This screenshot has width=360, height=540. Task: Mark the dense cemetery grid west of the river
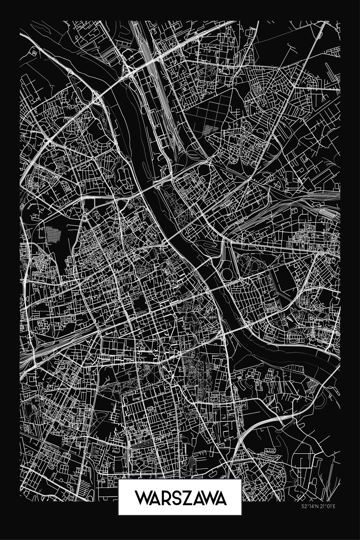click(52, 234)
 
